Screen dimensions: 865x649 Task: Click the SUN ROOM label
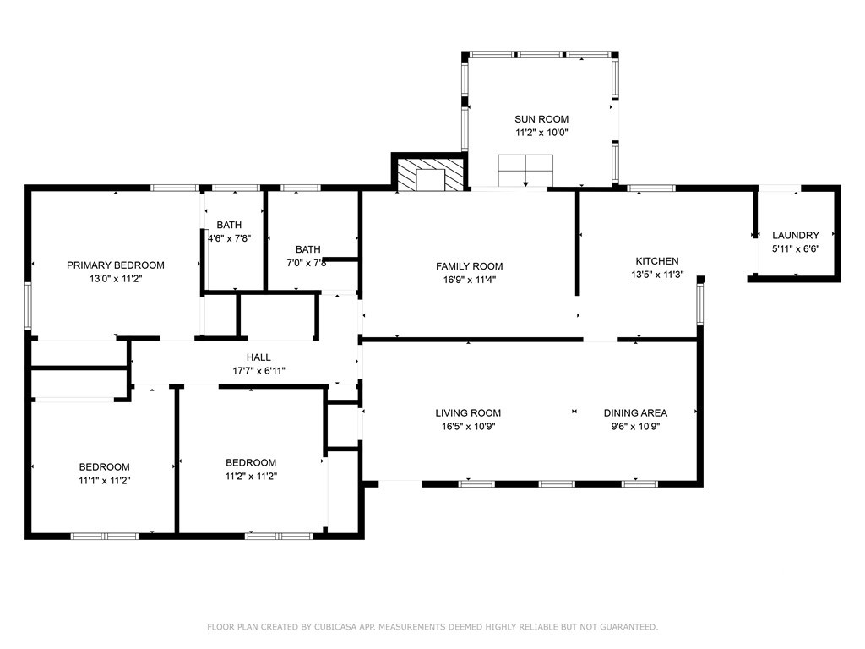click(x=541, y=119)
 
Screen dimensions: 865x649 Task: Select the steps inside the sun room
click(x=525, y=171)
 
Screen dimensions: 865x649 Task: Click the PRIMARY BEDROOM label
click(x=115, y=265)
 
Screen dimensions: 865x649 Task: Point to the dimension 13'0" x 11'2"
click(x=116, y=279)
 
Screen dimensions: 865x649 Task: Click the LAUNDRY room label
click(x=796, y=235)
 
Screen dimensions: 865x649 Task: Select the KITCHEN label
click(x=657, y=261)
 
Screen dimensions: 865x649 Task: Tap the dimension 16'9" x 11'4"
click(x=470, y=280)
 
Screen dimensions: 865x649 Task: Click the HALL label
click(x=258, y=357)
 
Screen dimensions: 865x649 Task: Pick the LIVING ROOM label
click(x=468, y=412)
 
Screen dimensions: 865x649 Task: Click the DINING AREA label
click(x=635, y=412)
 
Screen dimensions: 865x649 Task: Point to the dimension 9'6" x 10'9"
click(x=635, y=427)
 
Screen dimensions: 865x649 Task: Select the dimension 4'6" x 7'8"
click(x=230, y=238)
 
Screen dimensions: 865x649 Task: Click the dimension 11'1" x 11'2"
click(x=104, y=481)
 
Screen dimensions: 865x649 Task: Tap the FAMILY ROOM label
click(x=470, y=266)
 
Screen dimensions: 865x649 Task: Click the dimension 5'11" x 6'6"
click(x=796, y=249)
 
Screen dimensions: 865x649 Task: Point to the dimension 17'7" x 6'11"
click(x=258, y=372)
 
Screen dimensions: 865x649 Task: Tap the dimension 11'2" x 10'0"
click(x=541, y=133)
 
